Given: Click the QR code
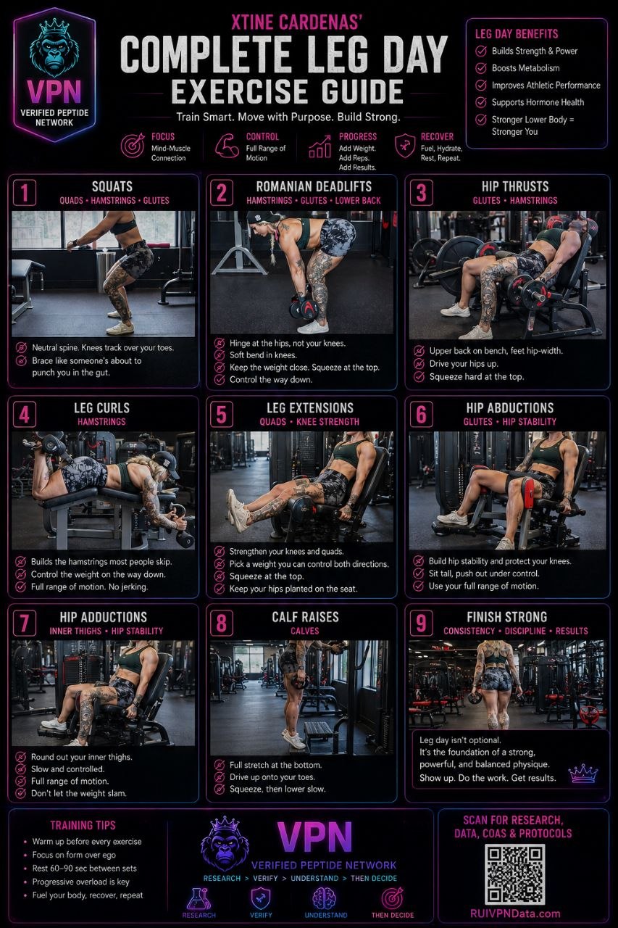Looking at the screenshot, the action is point(514,874).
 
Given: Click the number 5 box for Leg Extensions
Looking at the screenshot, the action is point(222,414).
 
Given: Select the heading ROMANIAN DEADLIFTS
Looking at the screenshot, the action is point(314,186).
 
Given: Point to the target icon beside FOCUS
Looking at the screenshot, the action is point(133,145).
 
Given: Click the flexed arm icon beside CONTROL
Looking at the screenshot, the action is point(227,145).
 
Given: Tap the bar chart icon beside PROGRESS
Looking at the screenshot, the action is point(320,146).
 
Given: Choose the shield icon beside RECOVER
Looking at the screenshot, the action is point(405,146).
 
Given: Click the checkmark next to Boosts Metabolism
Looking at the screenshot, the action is point(480,68).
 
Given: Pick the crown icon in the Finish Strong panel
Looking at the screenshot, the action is point(582,773).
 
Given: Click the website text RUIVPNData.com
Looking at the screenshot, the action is point(515,913).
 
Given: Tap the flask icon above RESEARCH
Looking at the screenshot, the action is point(199,898).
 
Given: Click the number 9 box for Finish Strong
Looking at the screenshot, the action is point(421,623).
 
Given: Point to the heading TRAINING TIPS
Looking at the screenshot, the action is point(83,825).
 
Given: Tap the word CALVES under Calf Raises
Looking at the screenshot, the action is point(305,631).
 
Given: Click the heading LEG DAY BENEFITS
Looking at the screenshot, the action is point(516,33).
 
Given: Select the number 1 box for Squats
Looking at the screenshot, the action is point(25,193).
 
